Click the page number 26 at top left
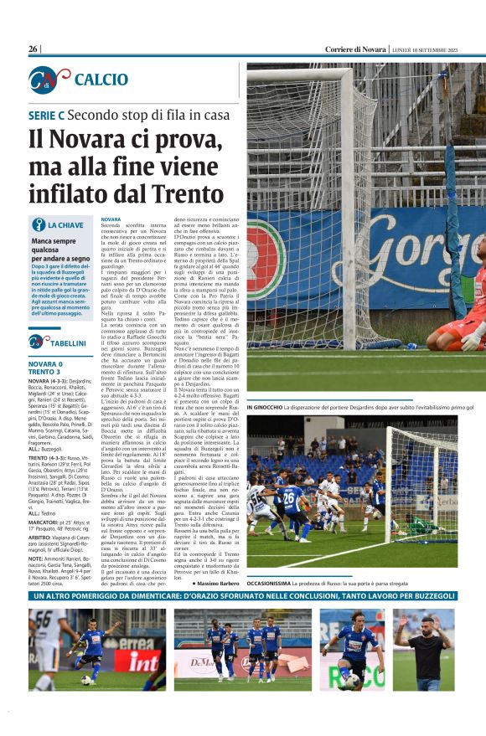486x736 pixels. point(34,49)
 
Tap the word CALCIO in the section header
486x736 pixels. point(101,80)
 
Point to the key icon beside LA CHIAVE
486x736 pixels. point(37,224)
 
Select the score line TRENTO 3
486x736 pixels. point(46,373)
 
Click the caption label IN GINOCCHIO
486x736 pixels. point(268,408)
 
